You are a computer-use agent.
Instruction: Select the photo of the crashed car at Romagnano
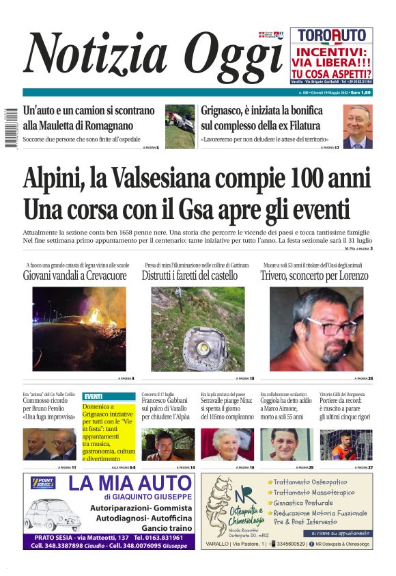pyautogui.click(x=180, y=127)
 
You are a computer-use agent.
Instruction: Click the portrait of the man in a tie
pyautogui.click(x=358, y=127)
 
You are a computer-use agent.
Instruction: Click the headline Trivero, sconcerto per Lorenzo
pyautogui.click(x=314, y=276)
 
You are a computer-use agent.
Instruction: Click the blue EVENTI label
pyautogui.click(x=94, y=396)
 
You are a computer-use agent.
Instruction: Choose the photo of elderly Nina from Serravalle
pyautogui.click(x=226, y=444)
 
